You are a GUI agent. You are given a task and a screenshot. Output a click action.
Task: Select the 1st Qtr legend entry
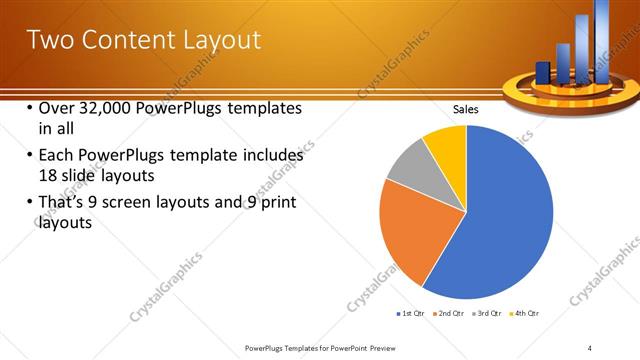click(x=412, y=314)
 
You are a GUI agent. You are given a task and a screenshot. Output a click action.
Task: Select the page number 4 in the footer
click(x=590, y=347)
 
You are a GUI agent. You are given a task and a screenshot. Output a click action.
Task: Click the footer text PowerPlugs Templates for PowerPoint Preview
click(x=324, y=347)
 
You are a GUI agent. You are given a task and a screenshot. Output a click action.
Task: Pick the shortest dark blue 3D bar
click(x=543, y=73)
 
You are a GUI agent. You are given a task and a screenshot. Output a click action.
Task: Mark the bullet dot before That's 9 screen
click(x=29, y=204)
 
